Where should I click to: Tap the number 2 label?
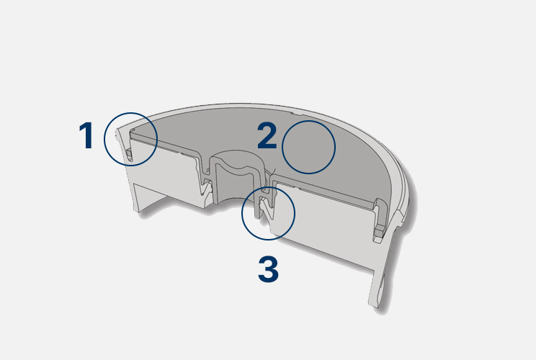(x=267, y=136)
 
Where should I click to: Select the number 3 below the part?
(x=268, y=269)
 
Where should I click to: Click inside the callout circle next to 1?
(x=130, y=140)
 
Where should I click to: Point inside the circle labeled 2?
(x=308, y=147)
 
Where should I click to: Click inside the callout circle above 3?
(x=268, y=213)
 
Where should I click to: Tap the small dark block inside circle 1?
(x=129, y=154)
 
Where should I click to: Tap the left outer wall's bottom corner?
(x=138, y=211)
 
